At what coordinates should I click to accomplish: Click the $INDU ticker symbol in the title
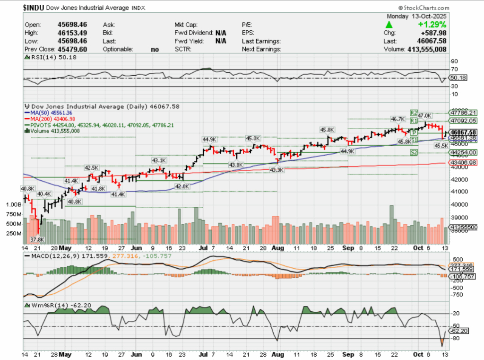coord(37,8)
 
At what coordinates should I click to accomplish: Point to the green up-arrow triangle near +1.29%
coord(389,24)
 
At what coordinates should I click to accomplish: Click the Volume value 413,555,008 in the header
coord(423,49)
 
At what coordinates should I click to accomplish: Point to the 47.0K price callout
coord(425,115)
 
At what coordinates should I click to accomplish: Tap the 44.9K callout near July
coord(209,140)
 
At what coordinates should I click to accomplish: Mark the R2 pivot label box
coord(414,113)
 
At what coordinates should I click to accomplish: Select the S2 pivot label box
coord(414,152)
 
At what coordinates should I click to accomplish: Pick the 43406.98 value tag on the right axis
coord(463,162)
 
